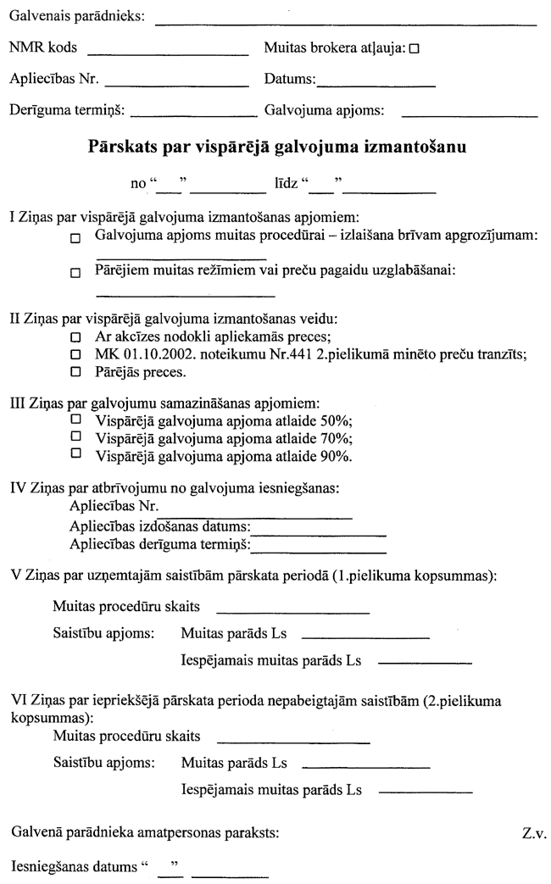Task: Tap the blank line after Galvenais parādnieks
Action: [x=346, y=25]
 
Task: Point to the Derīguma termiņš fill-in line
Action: [x=194, y=114]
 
